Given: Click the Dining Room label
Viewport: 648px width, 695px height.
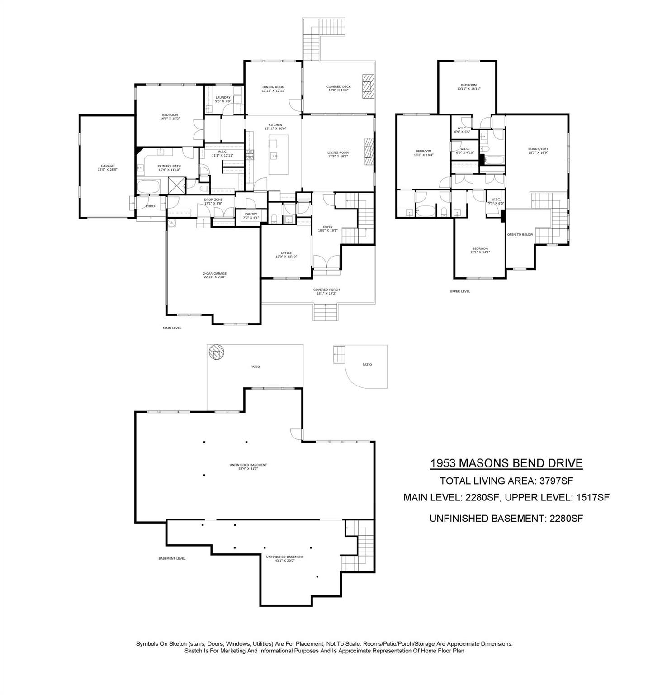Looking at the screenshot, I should pyautogui.click(x=273, y=89).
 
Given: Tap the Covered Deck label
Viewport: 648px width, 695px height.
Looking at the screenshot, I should pyautogui.click(x=338, y=89).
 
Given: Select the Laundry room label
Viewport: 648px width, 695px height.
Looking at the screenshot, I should pyautogui.click(x=223, y=99).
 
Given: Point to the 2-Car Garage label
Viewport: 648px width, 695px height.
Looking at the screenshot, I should pyautogui.click(x=214, y=275).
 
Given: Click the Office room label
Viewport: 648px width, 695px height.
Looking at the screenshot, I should pyautogui.click(x=286, y=255).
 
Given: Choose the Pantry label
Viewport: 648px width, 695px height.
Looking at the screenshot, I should pyautogui.click(x=251, y=216).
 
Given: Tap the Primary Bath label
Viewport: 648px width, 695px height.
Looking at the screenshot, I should pyautogui.click(x=169, y=168).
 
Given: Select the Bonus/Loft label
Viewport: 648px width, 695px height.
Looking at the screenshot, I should pyautogui.click(x=538, y=151).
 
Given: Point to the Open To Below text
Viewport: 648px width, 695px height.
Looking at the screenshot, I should pyautogui.click(x=520, y=235).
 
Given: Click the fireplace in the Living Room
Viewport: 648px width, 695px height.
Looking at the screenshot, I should pyautogui.click(x=369, y=152).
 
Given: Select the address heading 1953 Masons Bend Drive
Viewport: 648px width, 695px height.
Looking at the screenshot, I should pyautogui.click(x=506, y=463).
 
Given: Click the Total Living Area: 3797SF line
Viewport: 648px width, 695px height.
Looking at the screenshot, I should pyautogui.click(x=506, y=481).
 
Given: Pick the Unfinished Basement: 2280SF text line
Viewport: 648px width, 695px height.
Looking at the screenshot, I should pyautogui.click(x=506, y=519).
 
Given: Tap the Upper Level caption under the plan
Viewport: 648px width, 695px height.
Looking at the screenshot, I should pyautogui.click(x=460, y=291).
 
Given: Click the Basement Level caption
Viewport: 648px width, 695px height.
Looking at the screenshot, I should pyautogui.click(x=172, y=558).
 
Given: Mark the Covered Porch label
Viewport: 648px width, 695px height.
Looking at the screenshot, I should pyautogui.click(x=326, y=291).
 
